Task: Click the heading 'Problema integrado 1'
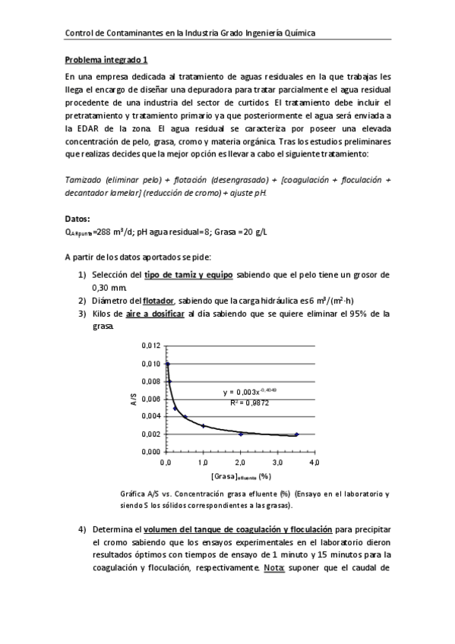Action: [106, 60]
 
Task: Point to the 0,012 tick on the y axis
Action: [152, 346]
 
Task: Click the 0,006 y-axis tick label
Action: [152, 399]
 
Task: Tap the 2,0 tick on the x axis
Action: [240, 462]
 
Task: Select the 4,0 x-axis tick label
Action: [313, 462]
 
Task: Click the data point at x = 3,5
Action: [296, 434]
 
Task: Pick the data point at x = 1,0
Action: [203, 426]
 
